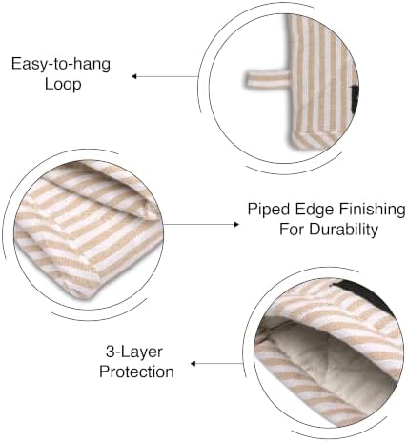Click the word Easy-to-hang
click(x=61, y=64)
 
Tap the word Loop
click(x=63, y=84)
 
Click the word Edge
click(x=312, y=209)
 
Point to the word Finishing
click(x=373, y=210)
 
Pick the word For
click(x=292, y=229)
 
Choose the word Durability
click(x=344, y=229)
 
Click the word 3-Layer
click(x=133, y=352)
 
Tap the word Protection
click(x=136, y=372)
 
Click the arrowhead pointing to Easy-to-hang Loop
click(x=134, y=76)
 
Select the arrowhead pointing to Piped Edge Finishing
click(x=236, y=225)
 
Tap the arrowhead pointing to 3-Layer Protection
click(x=193, y=364)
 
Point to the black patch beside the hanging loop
click(x=356, y=92)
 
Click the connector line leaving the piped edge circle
click(x=199, y=225)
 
